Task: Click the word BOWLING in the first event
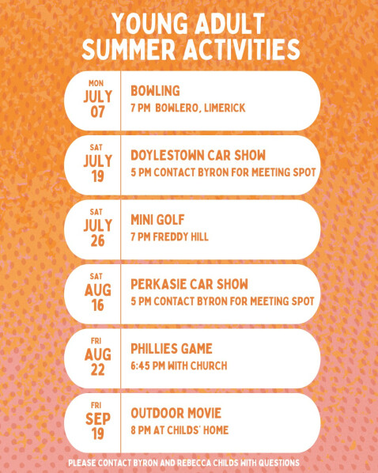pos(155,91)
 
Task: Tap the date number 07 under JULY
pos(97,112)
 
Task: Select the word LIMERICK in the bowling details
pos(225,108)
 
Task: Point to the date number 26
pos(97,240)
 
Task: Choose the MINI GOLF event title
pos(157,220)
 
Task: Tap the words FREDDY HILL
pos(180,236)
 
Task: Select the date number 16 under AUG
pos(97,305)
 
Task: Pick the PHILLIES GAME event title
pos(172,349)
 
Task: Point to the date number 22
pos(97,370)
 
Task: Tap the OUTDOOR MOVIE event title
pos(176,413)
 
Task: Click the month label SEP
pos(98,419)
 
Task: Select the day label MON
pos(96,83)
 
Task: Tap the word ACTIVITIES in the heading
pos(241,50)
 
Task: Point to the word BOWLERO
pos(178,108)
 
